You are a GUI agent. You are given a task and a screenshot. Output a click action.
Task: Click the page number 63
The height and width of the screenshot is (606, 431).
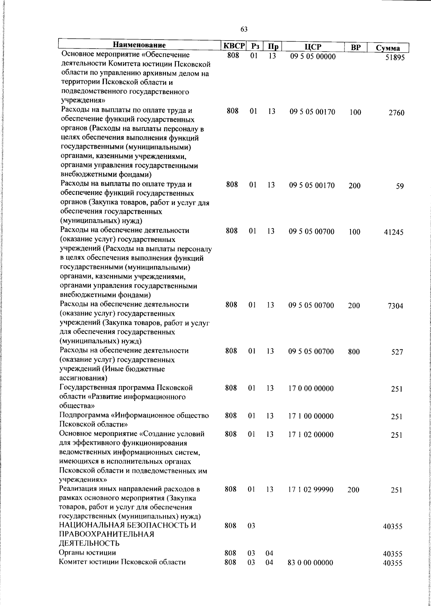tap(244, 29)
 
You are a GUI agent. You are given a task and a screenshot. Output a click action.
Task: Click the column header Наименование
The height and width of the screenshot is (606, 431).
tap(139, 45)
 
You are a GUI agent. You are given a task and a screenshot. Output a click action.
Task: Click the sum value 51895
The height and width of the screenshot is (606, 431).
tap(395, 58)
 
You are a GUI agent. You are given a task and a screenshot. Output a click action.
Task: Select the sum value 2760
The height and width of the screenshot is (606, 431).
tap(396, 113)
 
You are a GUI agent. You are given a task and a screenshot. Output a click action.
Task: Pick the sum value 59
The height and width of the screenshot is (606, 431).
tap(400, 186)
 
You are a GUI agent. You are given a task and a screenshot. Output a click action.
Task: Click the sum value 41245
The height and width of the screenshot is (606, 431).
tap(394, 232)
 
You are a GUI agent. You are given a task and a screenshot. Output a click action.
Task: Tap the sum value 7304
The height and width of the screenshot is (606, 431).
tap(395, 306)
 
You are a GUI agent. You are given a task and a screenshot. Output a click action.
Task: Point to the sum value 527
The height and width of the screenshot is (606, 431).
tap(397, 352)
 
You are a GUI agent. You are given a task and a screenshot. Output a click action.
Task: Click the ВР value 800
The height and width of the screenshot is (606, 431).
tap(354, 352)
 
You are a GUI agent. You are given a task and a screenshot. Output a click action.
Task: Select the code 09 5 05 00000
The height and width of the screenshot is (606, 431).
tap(313, 57)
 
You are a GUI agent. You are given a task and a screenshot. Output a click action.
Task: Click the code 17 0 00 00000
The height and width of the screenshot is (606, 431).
tap(311, 389)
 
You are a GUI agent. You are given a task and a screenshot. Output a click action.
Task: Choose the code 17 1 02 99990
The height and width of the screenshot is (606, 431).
tap(311, 490)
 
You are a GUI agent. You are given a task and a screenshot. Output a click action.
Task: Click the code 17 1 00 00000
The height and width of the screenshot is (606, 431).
tap(311, 416)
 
